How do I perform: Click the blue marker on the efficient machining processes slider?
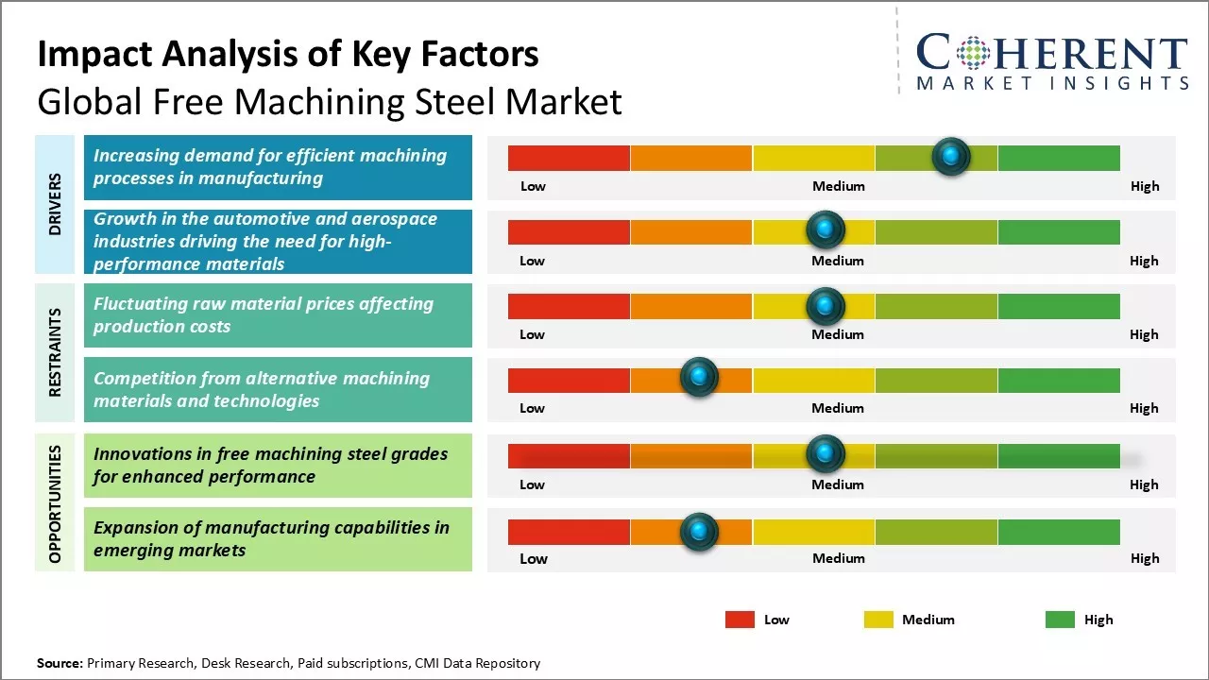pyautogui.click(x=951, y=156)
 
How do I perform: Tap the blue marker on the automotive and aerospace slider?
pyautogui.click(x=826, y=229)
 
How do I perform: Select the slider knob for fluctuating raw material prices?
pyautogui.click(x=826, y=305)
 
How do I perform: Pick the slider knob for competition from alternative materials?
pyautogui.click(x=699, y=378)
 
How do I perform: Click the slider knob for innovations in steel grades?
pyautogui.click(x=826, y=454)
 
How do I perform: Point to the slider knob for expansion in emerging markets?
pyautogui.click(x=699, y=532)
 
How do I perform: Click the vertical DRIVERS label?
pyautogui.click(x=55, y=203)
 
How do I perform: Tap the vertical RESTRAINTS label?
pyautogui.click(x=55, y=351)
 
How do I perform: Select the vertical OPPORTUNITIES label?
pyautogui.click(x=55, y=503)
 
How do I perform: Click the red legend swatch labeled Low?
pyautogui.click(x=740, y=620)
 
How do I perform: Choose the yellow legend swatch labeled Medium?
pyautogui.click(x=878, y=620)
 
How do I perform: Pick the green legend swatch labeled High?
pyautogui.click(x=1060, y=620)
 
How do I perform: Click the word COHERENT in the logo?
pyautogui.click(x=1051, y=53)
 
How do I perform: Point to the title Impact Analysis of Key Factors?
pyautogui.click(x=288, y=55)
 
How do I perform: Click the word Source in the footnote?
pyautogui.click(x=60, y=663)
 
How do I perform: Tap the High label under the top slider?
pyautogui.click(x=1144, y=186)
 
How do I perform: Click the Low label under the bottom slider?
pyautogui.click(x=533, y=558)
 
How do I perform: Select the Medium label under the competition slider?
pyautogui.click(x=838, y=408)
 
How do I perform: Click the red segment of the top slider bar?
pyautogui.click(x=569, y=158)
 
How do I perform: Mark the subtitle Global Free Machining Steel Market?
pyautogui.click(x=330, y=101)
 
